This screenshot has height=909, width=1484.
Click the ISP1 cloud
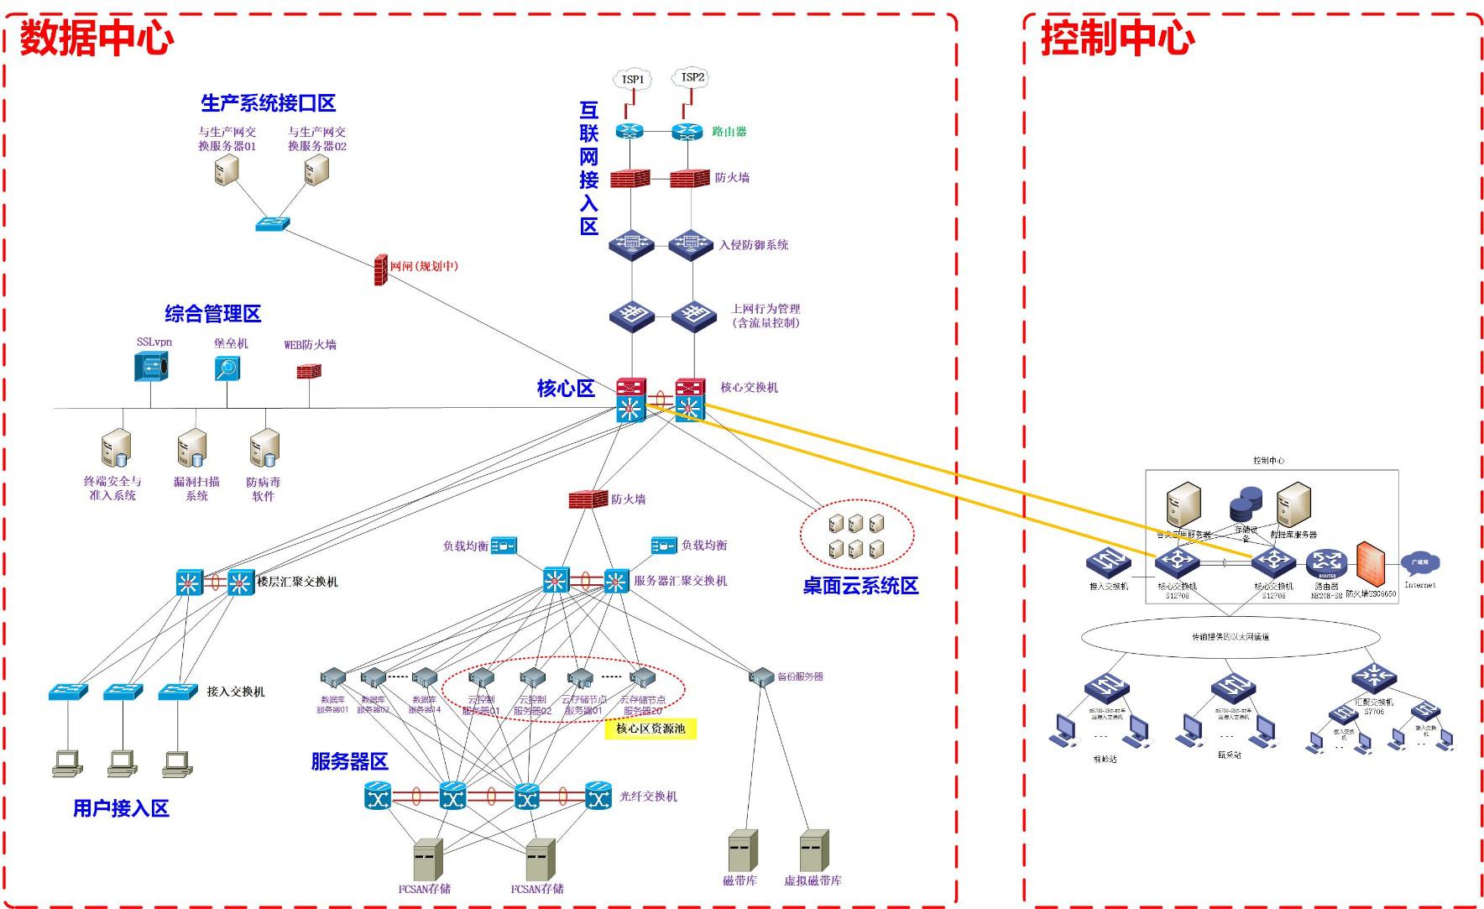(633, 80)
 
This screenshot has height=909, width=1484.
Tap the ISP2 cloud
(692, 77)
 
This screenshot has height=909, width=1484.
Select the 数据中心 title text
(97, 38)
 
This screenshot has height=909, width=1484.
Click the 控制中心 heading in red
(1117, 38)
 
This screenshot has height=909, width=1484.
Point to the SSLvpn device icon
(152, 367)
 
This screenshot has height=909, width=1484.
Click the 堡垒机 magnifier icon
(227, 368)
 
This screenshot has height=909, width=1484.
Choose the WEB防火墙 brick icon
(309, 370)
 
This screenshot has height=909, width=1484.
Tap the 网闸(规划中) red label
(424, 266)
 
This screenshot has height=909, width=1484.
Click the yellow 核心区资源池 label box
(651, 729)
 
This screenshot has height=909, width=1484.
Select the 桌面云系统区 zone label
(860, 586)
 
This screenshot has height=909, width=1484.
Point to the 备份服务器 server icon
(761, 676)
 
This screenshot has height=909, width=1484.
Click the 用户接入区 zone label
(121, 808)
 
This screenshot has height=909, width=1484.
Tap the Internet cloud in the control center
(1419, 563)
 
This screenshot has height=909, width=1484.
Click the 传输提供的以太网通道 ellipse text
(1231, 636)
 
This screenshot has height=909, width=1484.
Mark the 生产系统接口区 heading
(268, 103)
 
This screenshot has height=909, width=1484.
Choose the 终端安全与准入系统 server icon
(115, 449)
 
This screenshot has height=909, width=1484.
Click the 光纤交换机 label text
(648, 796)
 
